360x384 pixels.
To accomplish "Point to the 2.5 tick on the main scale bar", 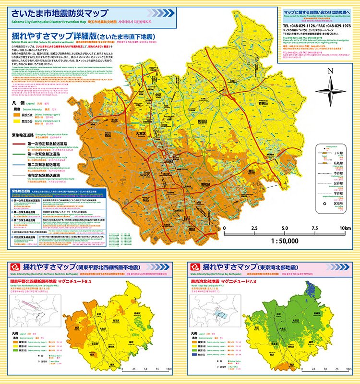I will (254, 228).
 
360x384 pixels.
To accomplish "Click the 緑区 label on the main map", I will (252, 170).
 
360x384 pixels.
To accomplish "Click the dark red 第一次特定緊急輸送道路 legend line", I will (22, 143).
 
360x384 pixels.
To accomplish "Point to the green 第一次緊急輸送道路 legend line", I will (22, 155).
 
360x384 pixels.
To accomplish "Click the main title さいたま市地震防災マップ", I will (60, 13).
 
